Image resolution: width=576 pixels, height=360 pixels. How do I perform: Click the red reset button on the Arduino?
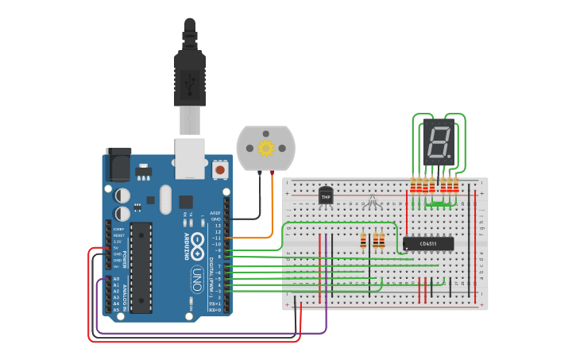point(220,168)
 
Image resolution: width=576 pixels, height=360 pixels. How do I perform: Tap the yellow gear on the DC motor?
point(265,148)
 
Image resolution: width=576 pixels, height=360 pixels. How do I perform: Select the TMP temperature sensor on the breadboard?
point(326,195)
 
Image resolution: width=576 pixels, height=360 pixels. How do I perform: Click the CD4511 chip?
point(428,243)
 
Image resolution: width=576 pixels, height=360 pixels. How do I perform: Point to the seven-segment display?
point(438,142)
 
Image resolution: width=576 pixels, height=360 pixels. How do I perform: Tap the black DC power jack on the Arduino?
point(120,167)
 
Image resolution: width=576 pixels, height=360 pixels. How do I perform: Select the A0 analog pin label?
point(117,279)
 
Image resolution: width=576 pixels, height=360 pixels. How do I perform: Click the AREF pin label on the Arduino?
point(215,213)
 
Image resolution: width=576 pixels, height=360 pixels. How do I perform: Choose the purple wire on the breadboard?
point(326,278)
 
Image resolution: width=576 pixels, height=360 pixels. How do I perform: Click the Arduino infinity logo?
point(197,243)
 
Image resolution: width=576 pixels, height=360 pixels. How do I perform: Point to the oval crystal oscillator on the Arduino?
point(165,199)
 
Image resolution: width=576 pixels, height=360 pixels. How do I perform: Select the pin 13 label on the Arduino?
point(217,226)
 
